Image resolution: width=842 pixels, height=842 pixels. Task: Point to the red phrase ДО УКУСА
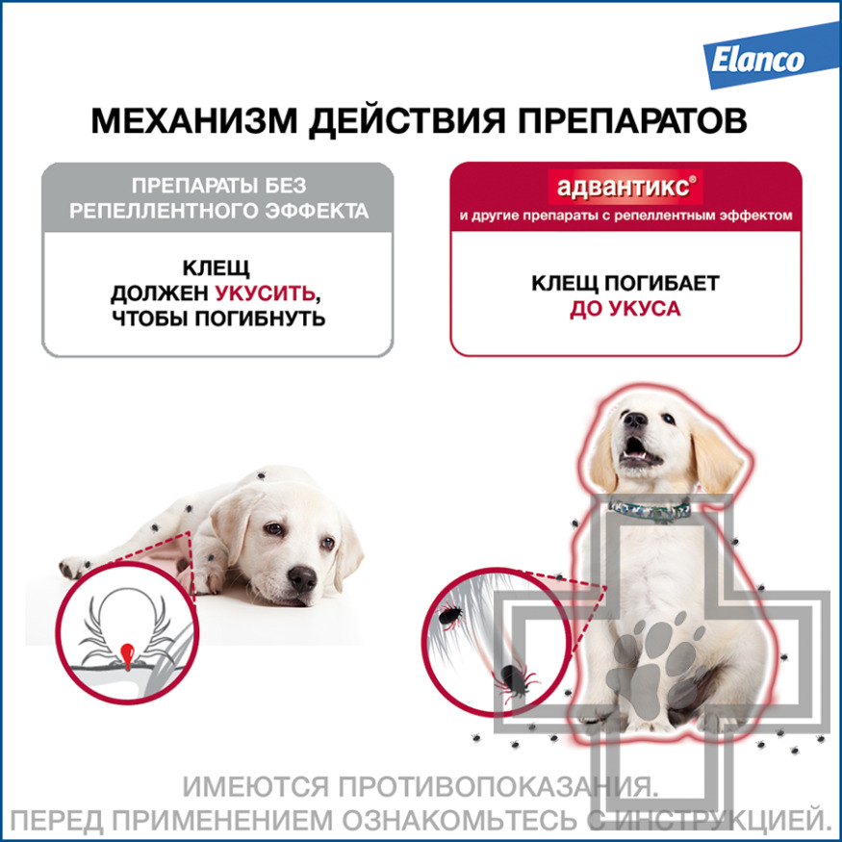coord(625,309)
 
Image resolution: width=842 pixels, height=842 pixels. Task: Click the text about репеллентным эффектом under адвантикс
coord(625,216)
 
